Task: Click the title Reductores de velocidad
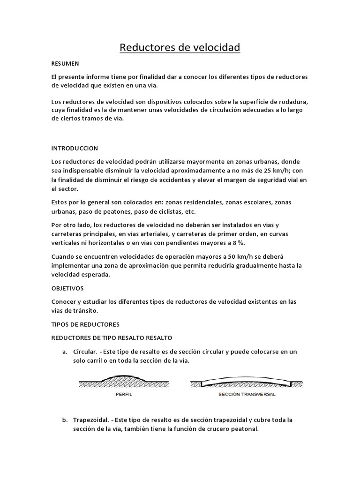180,47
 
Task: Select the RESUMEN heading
65,63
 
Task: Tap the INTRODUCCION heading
75,148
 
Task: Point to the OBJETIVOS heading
67,288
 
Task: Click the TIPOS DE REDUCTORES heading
85,324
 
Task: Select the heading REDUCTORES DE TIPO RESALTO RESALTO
112,337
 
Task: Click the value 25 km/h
278,171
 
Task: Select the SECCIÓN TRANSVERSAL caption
247,395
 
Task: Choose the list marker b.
65,420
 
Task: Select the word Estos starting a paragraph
61,202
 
